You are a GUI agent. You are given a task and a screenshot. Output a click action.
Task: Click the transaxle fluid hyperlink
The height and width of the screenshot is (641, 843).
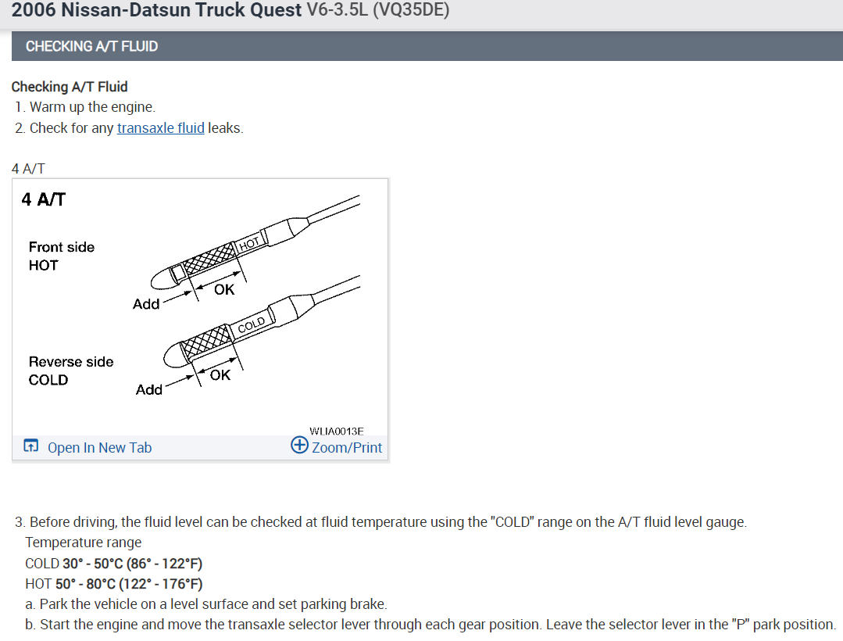pyautogui.click(x=160, y=128)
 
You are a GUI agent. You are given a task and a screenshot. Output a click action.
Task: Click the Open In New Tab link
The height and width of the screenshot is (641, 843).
pyautogui.click(x=99, y=448)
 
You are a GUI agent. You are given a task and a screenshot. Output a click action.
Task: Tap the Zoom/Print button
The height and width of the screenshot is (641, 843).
pyautogui.click(x=337, y=447)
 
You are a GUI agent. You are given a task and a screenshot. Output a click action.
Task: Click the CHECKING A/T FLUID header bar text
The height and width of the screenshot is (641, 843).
pyautogui.click(x=91, y=46)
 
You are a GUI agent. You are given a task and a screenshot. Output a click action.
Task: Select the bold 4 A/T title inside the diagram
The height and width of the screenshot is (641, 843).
pyautogui.click(x=44, y=199)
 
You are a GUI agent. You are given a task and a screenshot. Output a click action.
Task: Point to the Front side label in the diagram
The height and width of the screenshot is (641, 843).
pyautogui.click(x=62, y=247)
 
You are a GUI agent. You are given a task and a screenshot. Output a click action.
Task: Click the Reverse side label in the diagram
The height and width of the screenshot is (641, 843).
pyautogui.click(x=71, y=362)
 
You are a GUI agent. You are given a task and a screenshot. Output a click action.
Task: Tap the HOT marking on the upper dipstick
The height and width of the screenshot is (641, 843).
pyautogui.click(x=250, y=243)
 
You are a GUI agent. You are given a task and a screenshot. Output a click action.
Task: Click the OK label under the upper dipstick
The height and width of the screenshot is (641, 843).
pyautogui.click(x=224, y=290)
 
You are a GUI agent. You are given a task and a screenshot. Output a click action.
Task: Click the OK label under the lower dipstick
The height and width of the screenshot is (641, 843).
pyautogui.click(x=220, y=375)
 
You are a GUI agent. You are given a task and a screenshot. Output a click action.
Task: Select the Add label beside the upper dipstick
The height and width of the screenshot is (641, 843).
pyautogui.click(x=146, y=304)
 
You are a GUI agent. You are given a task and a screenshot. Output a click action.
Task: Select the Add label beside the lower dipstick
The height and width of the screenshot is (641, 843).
pyautogui.click(x=148, y=389)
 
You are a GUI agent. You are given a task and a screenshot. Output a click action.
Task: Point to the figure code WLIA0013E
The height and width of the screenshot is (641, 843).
pyautogui.click(x=337, y=431)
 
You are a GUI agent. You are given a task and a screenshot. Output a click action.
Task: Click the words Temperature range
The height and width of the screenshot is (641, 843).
pyautogui.click(x=84, y=543)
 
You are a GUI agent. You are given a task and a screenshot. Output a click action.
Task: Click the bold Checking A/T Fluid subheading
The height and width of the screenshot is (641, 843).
pyautogui.click(x=70, y=87)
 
